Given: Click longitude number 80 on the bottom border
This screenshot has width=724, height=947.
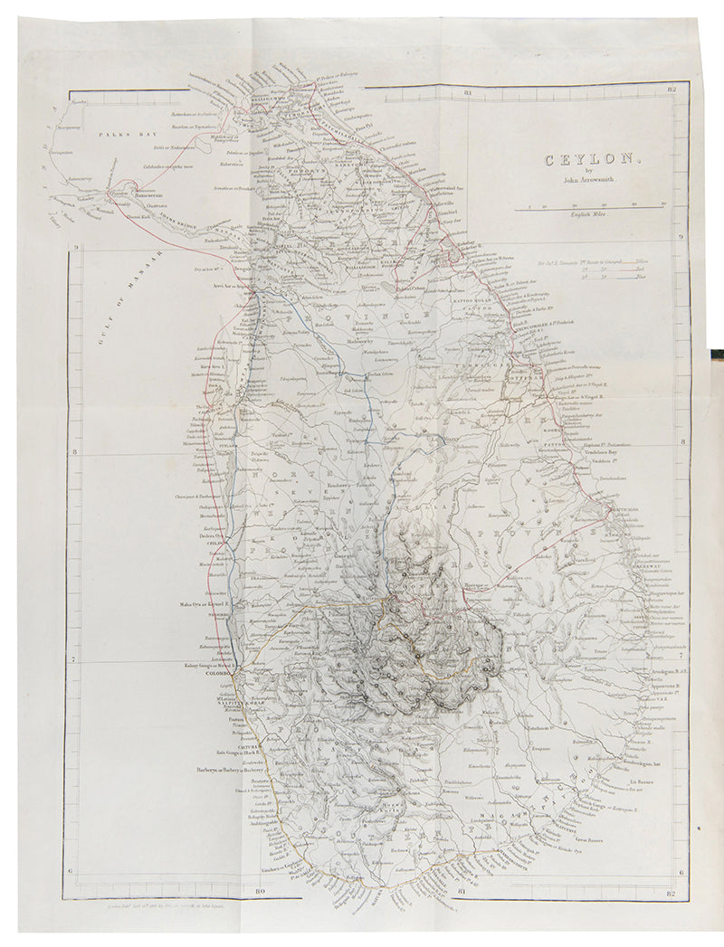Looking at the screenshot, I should click(260, 894).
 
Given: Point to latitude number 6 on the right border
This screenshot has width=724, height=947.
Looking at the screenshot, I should click(680, 873).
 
